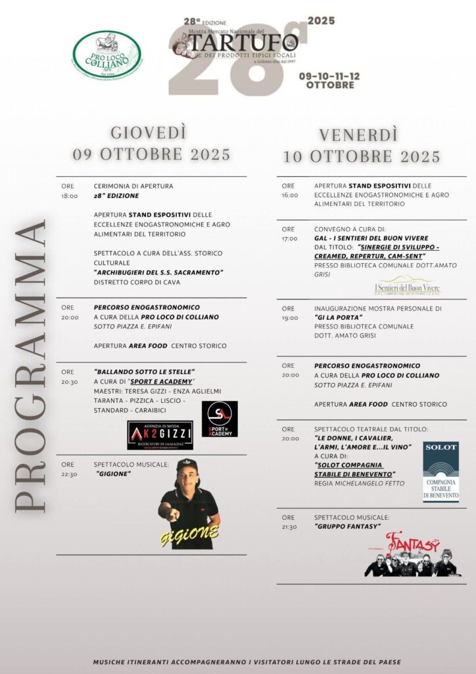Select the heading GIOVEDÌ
pyautogui.click(x=149, y=132)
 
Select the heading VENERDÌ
pyautogui.click(x=358, y=135)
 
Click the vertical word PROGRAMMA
pyautogui.click(x=30, y=365)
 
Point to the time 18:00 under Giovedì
pyautogui.click(x=69, y=196)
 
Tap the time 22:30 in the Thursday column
pyautogui.click(x=69, y=474)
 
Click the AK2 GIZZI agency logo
pyautogui.click(x=160, y=434)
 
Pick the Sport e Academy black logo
pyautogui.click(x=220, y=419)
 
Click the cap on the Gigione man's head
pyautogui.click(x=187, y=465)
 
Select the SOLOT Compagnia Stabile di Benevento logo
pyautogui.click(x=440, y=471)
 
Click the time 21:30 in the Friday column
pyautogui.click(x=290, y=527)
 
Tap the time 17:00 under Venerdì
pyautogui.click(x=289, y=238)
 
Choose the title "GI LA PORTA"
pyautogui.click(x=339, y=317)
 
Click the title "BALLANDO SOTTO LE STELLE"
pyautogui.click(x=145, y=372)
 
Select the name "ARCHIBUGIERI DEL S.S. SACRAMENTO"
pyautogui.click(x=158, y=272)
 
